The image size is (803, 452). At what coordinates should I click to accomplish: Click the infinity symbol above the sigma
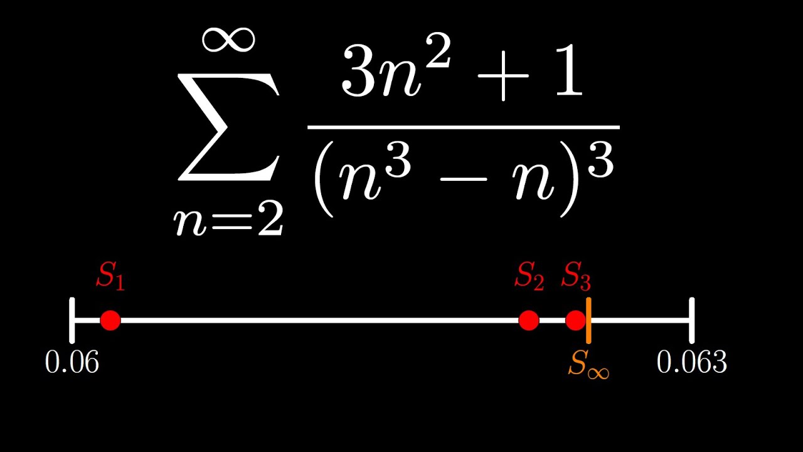click(228, 40)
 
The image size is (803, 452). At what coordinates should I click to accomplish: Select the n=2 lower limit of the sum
click(228, 220)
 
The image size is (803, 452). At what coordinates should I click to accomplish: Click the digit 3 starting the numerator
click(358, 72)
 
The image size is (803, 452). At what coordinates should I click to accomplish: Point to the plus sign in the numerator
click(503, 76)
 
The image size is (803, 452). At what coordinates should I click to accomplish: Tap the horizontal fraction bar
click(464, 127)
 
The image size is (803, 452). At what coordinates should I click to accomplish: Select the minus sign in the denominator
click(464, 179)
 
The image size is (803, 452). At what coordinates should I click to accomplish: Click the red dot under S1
click(110, 320)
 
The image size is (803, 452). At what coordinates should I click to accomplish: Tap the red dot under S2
click(529, 320)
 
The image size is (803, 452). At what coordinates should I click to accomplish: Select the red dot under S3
click(575, 320)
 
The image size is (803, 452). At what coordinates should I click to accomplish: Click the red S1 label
click(110, 276)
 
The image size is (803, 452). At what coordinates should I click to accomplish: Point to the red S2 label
click(529, 276)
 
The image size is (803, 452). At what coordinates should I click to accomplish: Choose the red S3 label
click(576, 276)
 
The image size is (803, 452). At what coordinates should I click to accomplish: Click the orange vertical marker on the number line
click(588, 320)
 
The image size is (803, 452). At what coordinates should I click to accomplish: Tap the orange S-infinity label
click(588, 364)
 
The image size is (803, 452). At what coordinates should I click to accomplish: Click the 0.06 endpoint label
click(72, 362)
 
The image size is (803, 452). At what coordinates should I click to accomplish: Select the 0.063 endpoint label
click(692, 362)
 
